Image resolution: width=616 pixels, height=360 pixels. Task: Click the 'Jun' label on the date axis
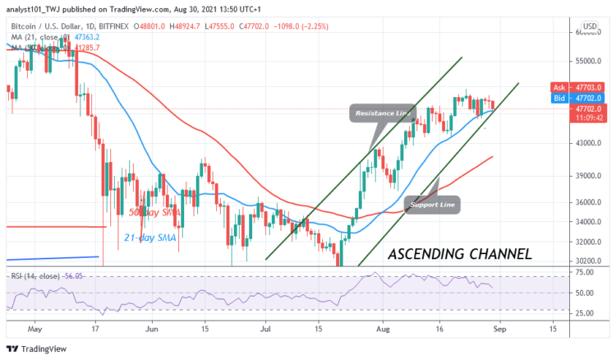[150, 327]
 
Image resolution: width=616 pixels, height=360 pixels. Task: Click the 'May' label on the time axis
[34, 327]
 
